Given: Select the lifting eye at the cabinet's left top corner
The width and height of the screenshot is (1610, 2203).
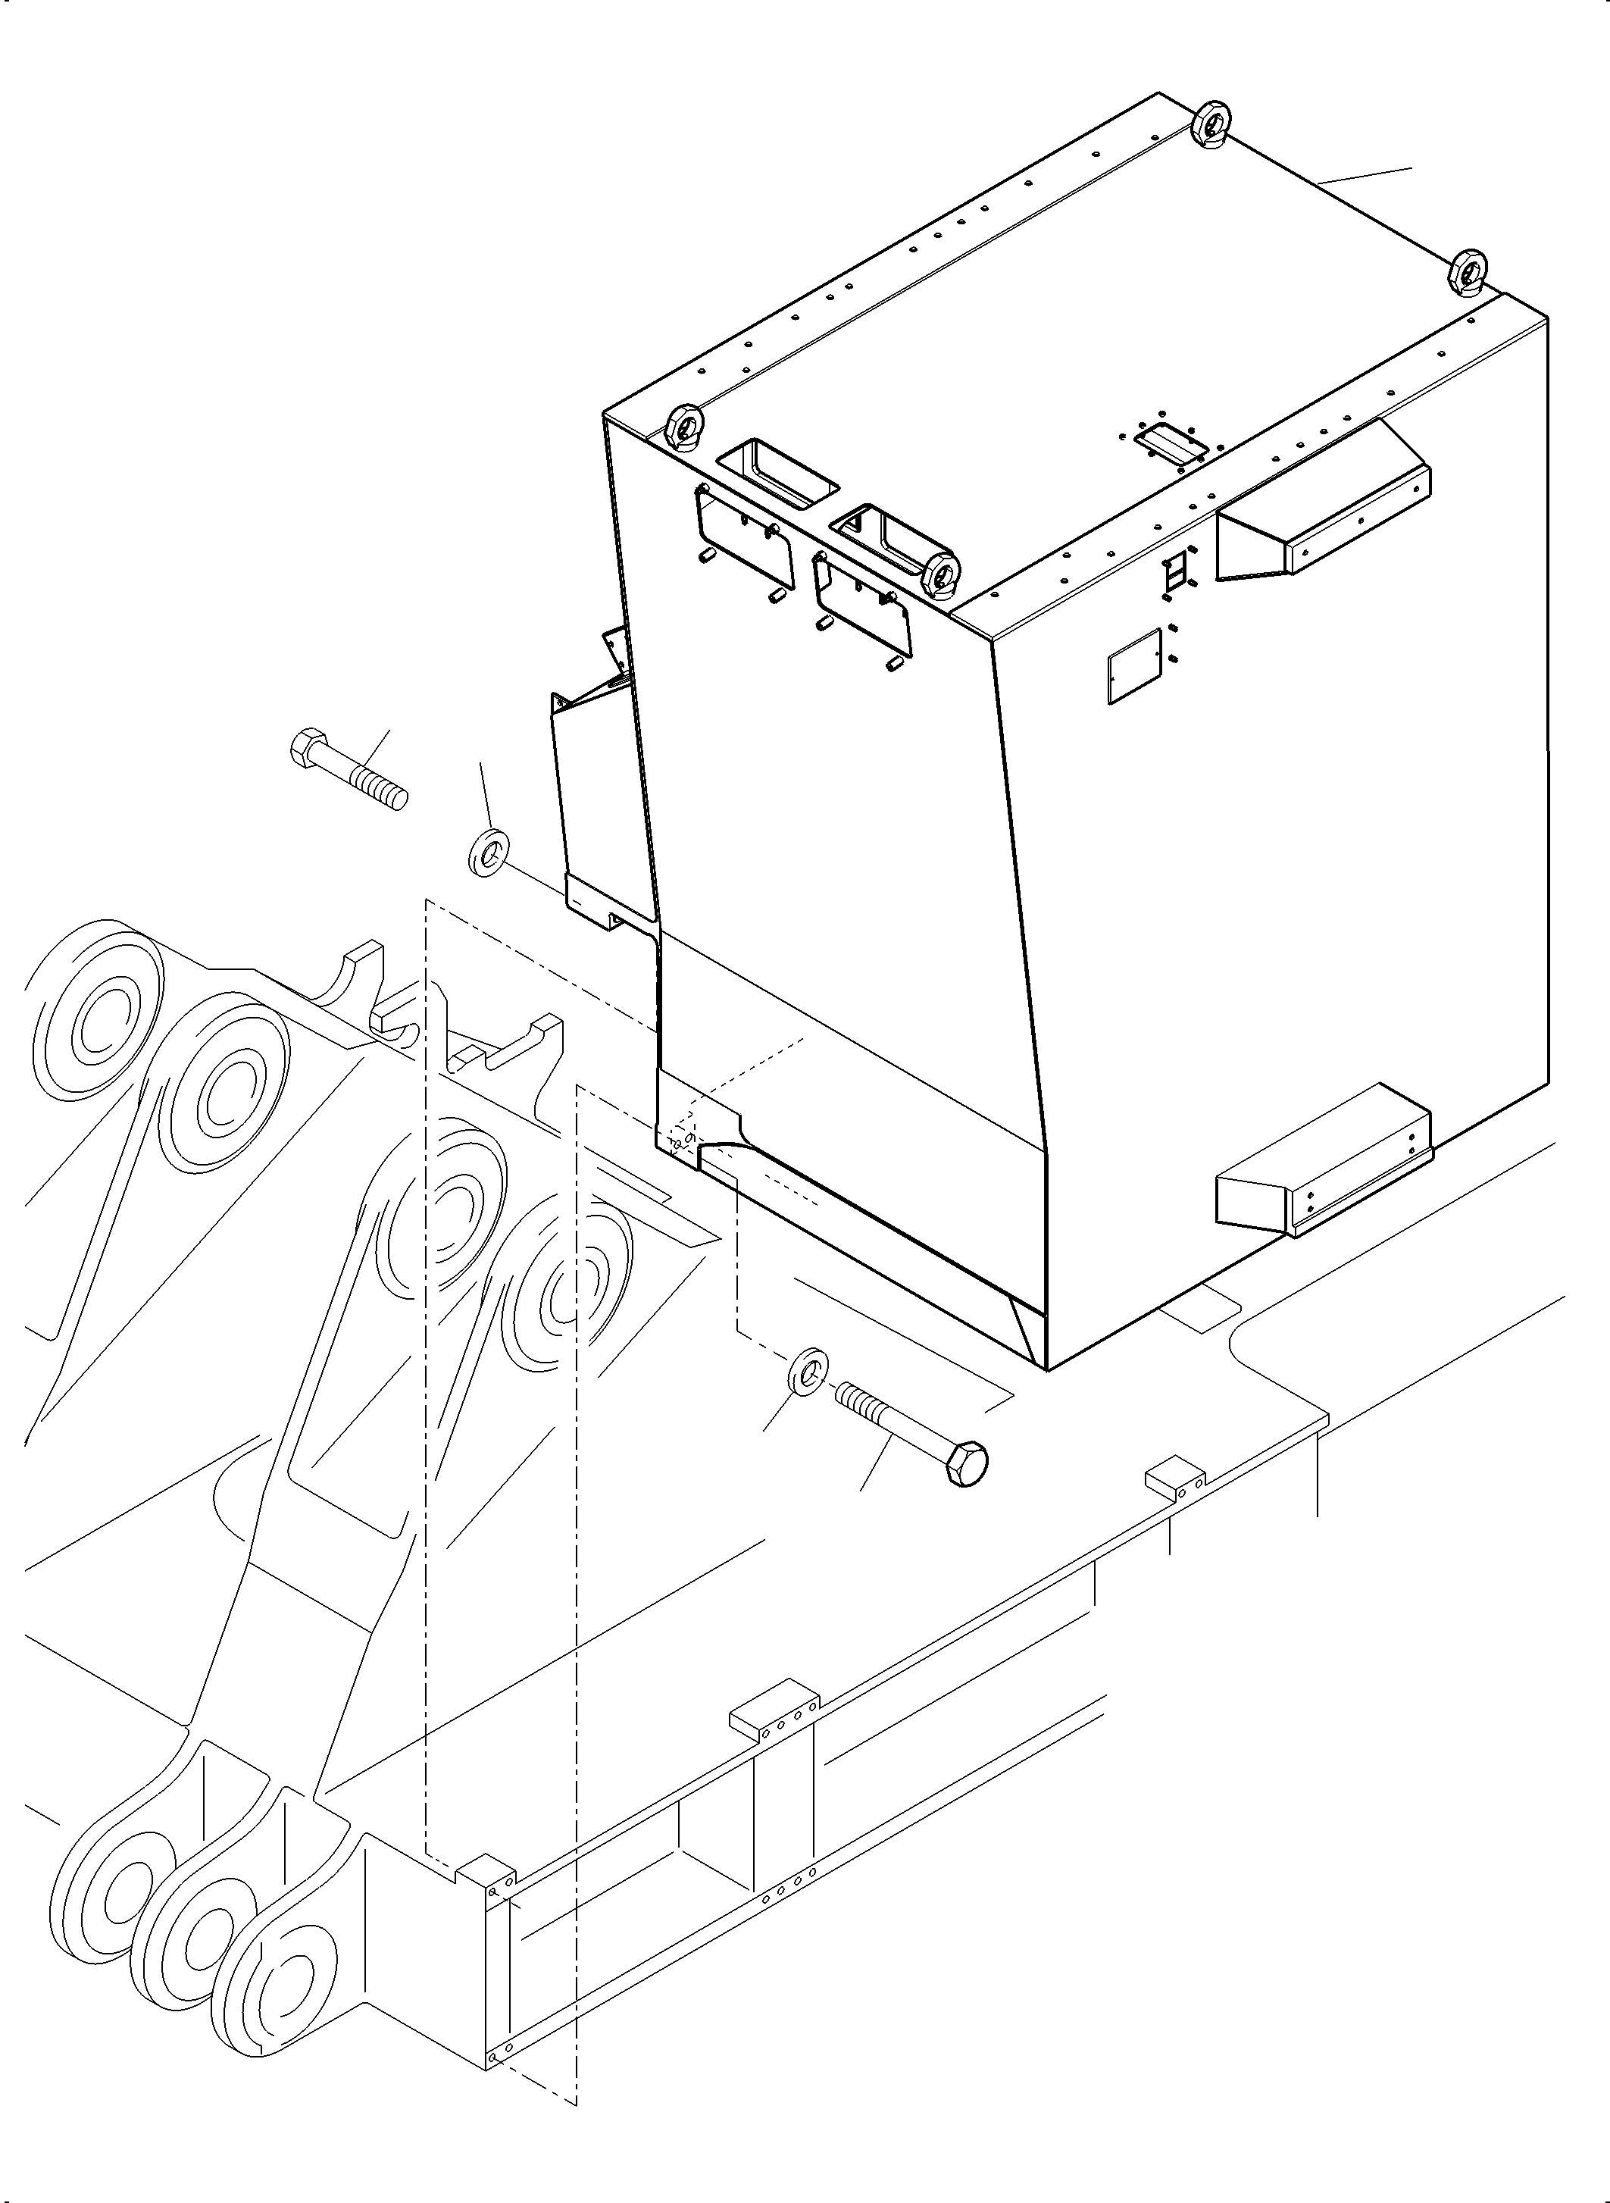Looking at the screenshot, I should [685, 426].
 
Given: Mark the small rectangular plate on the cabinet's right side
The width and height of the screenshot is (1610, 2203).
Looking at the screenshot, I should [1136, 666].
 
